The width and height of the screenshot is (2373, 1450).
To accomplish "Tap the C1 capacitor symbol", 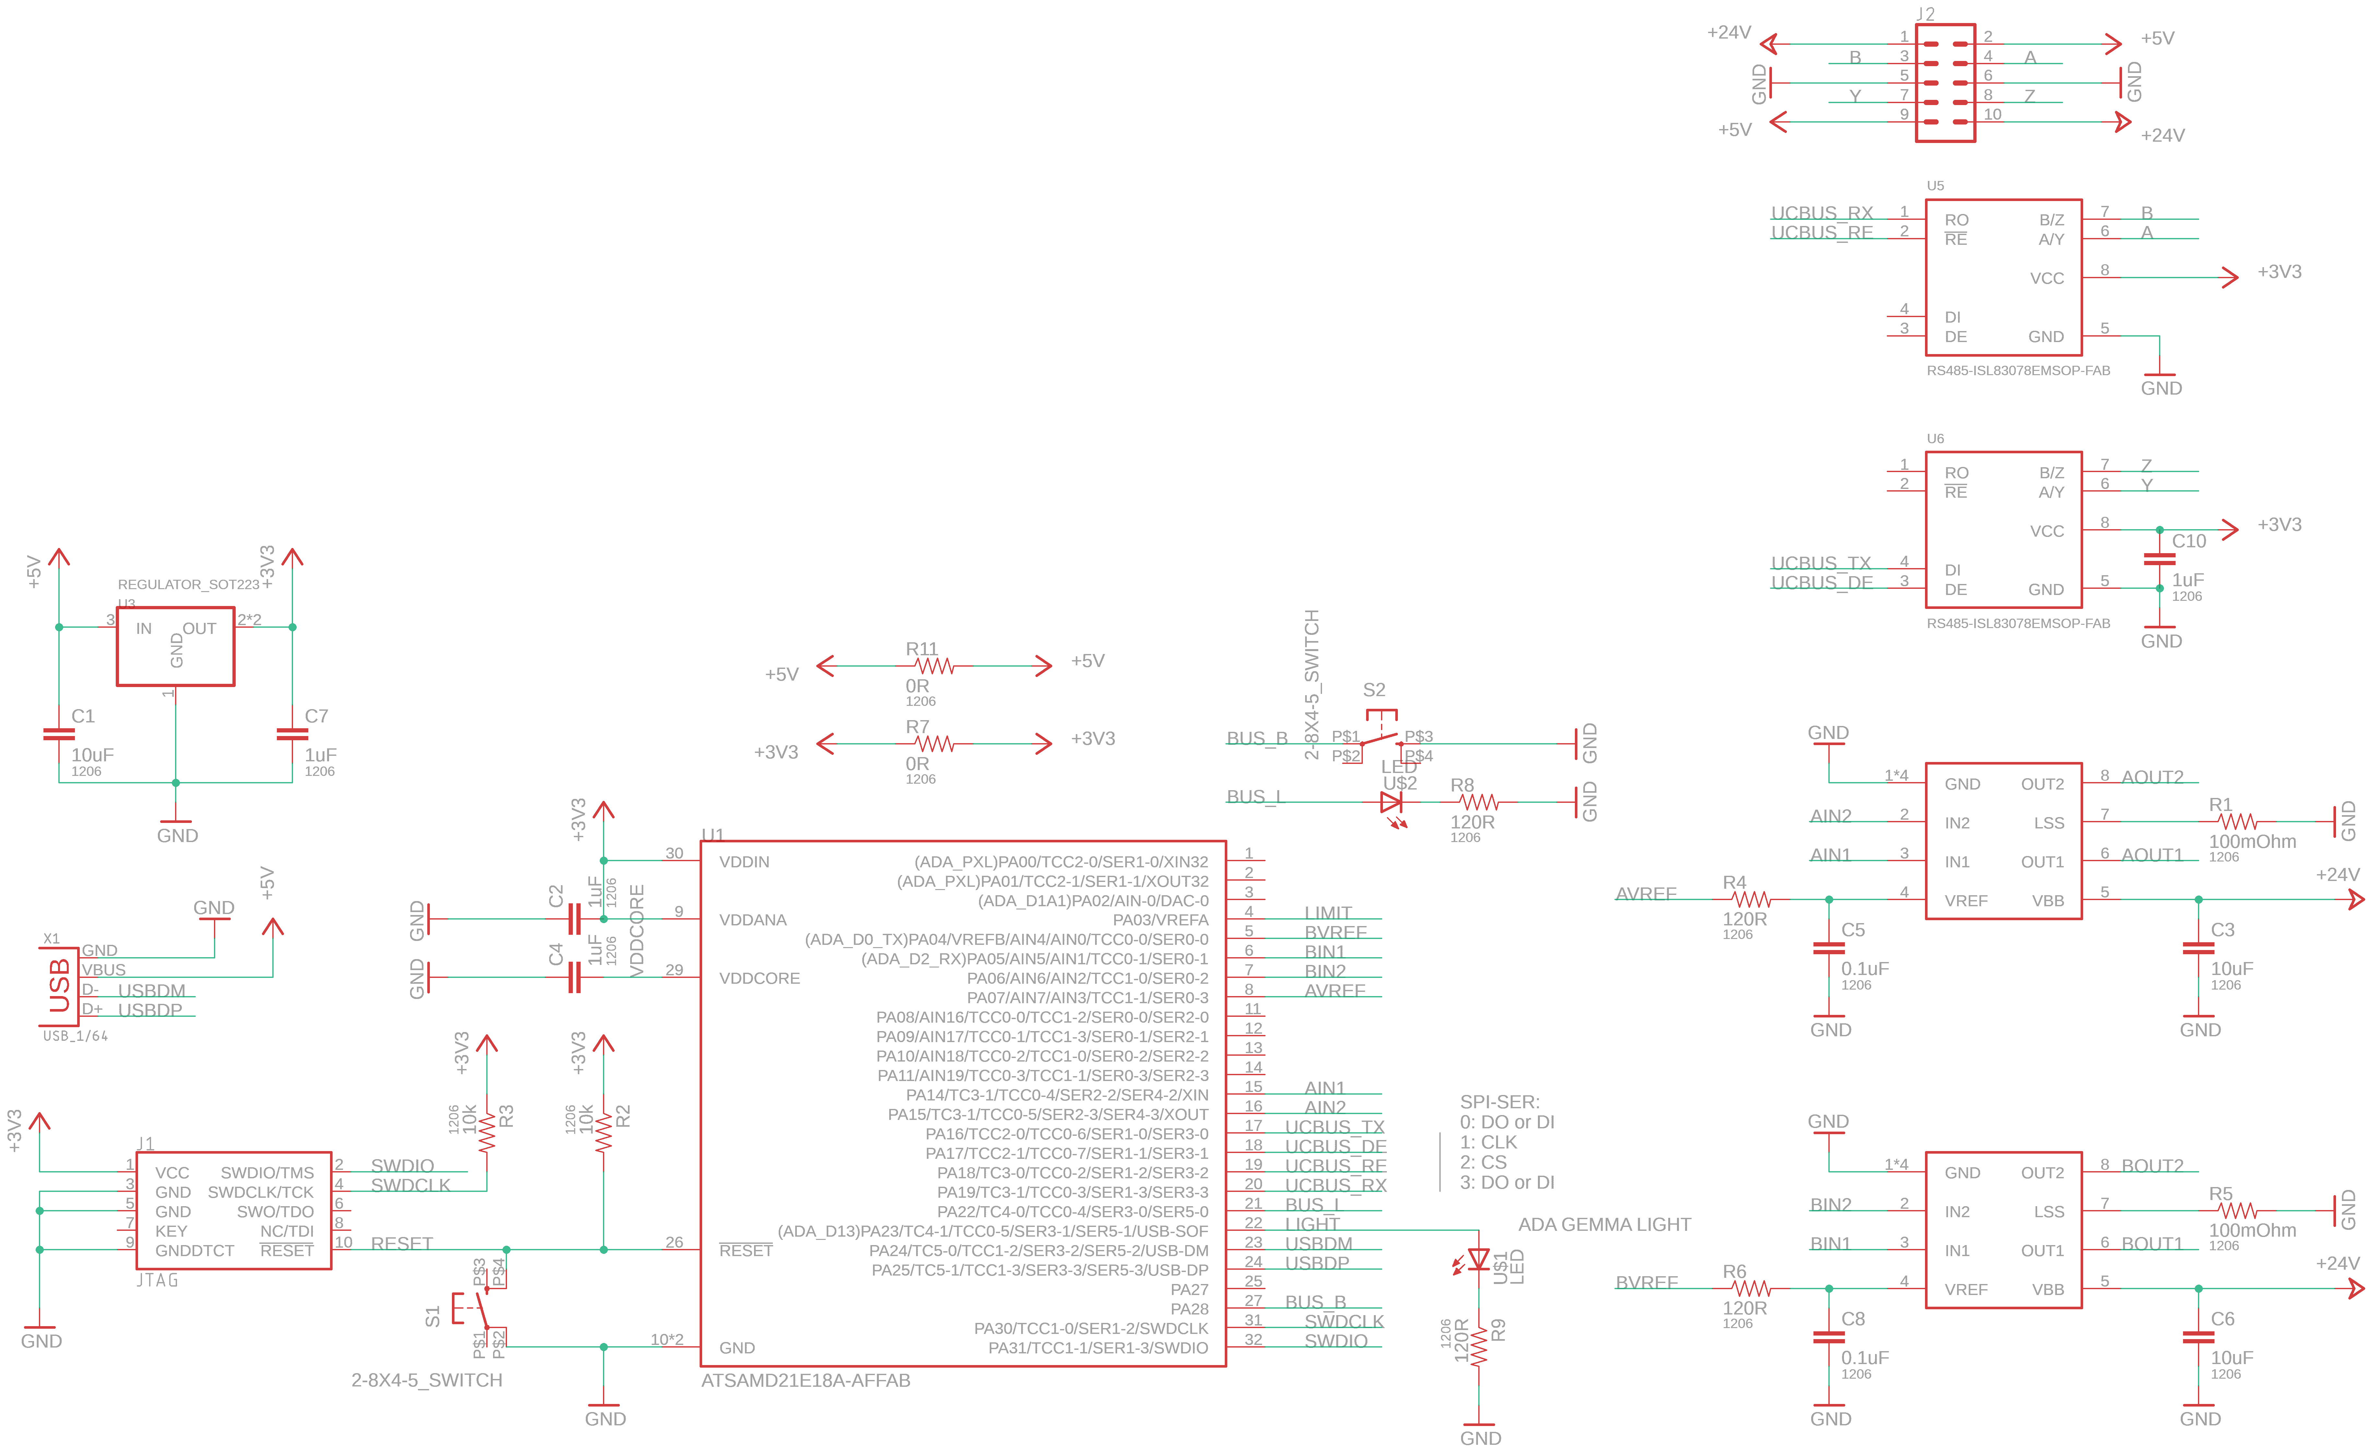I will click(59, 734).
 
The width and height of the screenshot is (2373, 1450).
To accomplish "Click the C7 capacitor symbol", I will click(292, 734).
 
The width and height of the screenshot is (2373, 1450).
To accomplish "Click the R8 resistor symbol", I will click(1478, 802).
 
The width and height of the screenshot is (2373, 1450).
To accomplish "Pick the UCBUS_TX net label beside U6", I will click(1820, 563).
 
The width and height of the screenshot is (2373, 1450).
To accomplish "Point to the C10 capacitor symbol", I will click(2159, 559).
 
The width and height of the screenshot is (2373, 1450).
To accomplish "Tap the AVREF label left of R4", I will click(1646, 893).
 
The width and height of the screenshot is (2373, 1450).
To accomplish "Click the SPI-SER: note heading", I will click(1500, 1101).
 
